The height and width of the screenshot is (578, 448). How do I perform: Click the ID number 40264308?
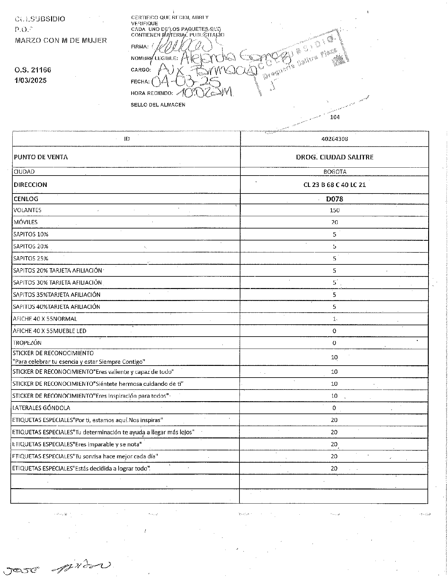[x=334, y=139]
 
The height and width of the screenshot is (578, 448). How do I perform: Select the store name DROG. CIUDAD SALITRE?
[x=334, y=157]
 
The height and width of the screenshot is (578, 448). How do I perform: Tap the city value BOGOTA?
[x=334, y=172]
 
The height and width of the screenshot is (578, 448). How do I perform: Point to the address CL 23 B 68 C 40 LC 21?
[x=334, y=185]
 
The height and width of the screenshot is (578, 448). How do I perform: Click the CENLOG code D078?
[x=334, y=199]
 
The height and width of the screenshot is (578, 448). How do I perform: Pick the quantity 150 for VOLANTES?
[x=334, y=210]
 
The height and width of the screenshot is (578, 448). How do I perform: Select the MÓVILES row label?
[x=25, y=222]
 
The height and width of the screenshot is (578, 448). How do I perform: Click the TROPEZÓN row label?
[x=27, y=343]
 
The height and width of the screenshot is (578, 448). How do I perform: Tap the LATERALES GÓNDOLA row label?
[x=41, y=408]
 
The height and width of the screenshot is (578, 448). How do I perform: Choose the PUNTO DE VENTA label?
[x=41, y=157]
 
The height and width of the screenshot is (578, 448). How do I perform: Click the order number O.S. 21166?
[x=32, y=70]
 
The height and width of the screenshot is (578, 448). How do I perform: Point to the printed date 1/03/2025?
[x=31, y=80]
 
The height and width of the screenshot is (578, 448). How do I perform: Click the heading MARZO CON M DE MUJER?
[x=61, y=40]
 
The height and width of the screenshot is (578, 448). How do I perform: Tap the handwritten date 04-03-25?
[x=186, y=82]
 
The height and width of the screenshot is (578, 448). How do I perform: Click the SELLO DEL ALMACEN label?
[x=158, y=105]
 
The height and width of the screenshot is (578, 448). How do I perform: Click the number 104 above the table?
[x=334, y=117]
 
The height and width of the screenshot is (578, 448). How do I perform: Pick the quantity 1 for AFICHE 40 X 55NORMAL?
[x=334, y=319]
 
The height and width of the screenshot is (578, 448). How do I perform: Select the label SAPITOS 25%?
[x=31, y=258]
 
